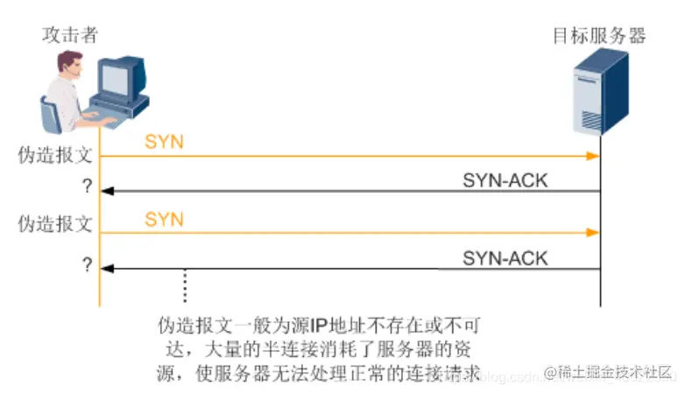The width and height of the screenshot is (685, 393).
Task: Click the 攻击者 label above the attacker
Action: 70,36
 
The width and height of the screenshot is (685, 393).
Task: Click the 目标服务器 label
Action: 599,36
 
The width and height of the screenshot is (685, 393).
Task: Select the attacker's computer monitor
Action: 119,80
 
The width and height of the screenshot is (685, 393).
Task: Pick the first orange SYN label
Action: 164,142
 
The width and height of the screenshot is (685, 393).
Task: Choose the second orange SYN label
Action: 164,219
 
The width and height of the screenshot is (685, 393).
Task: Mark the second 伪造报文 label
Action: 55,223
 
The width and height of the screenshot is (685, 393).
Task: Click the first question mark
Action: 87,186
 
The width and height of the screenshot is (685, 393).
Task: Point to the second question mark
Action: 87,264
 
